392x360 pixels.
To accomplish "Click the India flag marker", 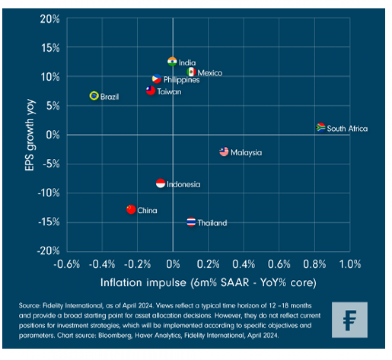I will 172,62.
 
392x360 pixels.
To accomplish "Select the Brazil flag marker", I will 94,96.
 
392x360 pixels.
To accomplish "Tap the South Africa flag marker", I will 321,127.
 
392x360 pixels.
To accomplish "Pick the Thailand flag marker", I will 192,222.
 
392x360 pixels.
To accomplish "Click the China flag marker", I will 131,209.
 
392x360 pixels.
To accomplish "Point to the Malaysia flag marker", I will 224,152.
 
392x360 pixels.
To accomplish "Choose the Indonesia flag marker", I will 160,183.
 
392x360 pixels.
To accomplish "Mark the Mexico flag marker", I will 191,72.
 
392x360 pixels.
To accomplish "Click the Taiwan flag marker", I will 150,91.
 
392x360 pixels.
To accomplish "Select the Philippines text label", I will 182,80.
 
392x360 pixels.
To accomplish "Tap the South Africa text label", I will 347,129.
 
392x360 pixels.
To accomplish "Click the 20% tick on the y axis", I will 51,19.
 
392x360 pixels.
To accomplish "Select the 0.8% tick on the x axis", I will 314,264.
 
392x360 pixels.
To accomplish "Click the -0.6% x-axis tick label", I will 67,264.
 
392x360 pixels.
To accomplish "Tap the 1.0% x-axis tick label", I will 350,264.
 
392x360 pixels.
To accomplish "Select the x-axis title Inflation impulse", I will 208,283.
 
